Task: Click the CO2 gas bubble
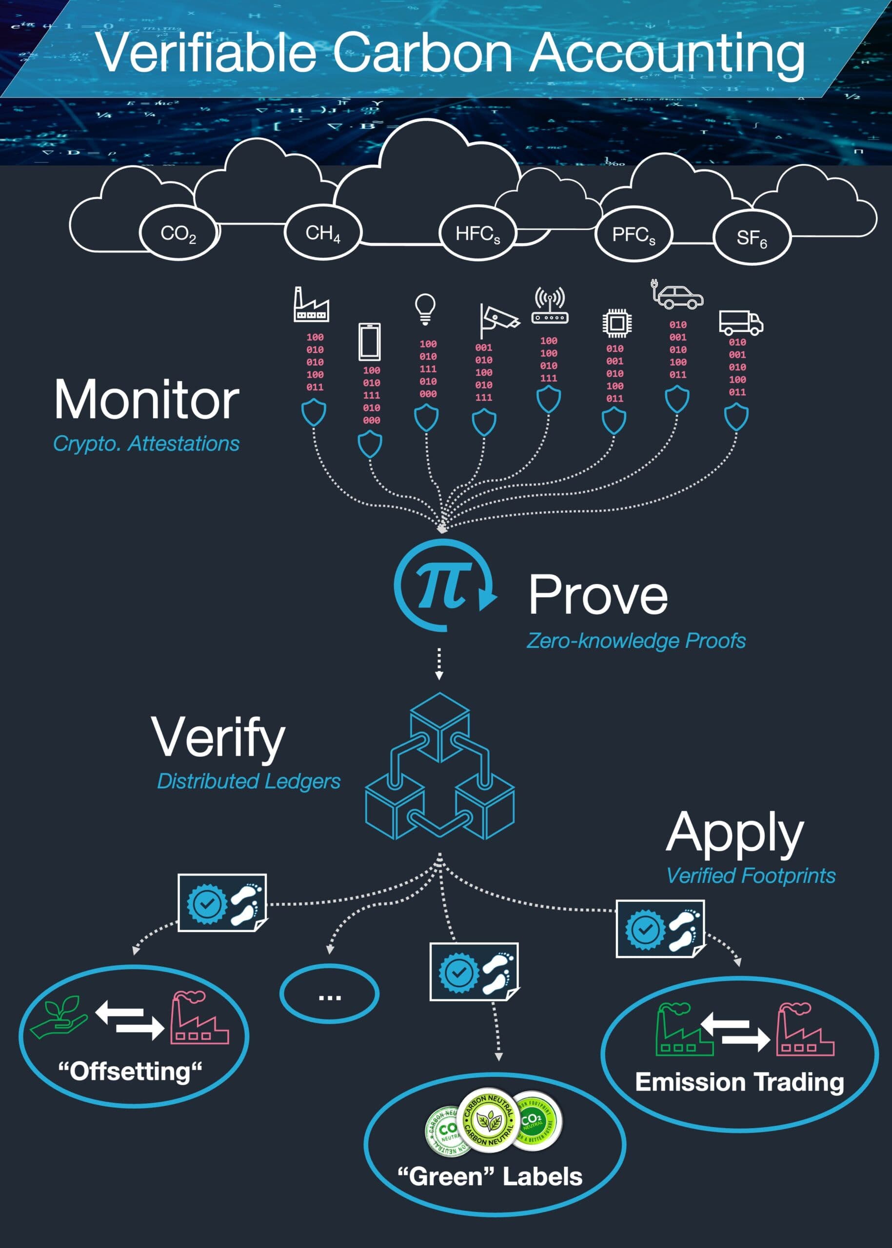point(178,234)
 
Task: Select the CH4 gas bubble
point(323,233)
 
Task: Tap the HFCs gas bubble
point(478,234)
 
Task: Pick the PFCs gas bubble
point(634,235)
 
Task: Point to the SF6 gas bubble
point(752,238)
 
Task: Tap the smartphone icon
point(370,342)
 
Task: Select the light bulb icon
point(425,308)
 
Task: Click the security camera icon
point(497,319)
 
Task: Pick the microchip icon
point(616,323)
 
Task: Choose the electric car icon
point(678,295)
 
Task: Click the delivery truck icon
point(741,322)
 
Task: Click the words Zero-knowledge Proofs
point(636,641)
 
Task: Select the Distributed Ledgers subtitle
point(249,781)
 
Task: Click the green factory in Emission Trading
point(683,1030)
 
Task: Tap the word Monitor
point(147,400)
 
